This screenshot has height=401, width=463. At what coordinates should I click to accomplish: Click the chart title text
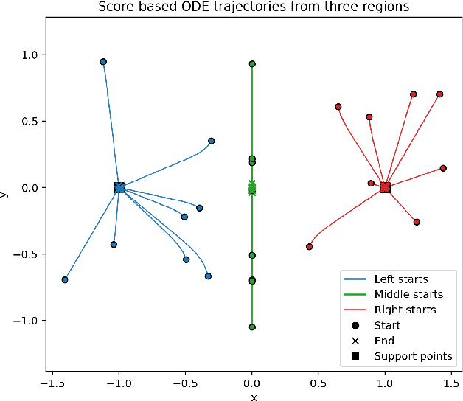tap(252, 8)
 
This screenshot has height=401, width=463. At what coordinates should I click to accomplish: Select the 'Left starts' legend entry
tap(401, 279)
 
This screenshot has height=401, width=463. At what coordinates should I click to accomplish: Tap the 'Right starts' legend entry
tap(405, 310)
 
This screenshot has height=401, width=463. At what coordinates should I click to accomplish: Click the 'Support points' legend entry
tap(413, 356)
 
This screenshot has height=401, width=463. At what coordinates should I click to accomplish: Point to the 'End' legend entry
tap(384, 341)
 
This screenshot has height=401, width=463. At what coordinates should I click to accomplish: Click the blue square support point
tap(119, 188)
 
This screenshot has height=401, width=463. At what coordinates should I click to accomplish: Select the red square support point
tap(385, 188)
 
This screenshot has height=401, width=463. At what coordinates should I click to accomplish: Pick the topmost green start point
tap(252, 64)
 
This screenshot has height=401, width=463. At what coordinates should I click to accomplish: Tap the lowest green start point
tap(252, 327)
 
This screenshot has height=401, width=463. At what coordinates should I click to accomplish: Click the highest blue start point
tap(103, 62)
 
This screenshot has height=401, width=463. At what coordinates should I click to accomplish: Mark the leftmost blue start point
tap(65, 280)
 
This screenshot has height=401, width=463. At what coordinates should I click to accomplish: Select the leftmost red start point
tap(310, 247)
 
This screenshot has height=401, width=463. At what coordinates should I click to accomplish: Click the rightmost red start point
tap(443, 168)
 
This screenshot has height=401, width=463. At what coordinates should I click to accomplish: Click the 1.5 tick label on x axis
tap(451, 383)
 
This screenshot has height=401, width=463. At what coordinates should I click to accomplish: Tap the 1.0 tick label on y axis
tap(29, 55)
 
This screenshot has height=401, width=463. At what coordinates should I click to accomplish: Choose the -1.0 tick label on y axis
tap(26, 321)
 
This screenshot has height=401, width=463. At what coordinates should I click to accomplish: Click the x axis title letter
tap(253, 397)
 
